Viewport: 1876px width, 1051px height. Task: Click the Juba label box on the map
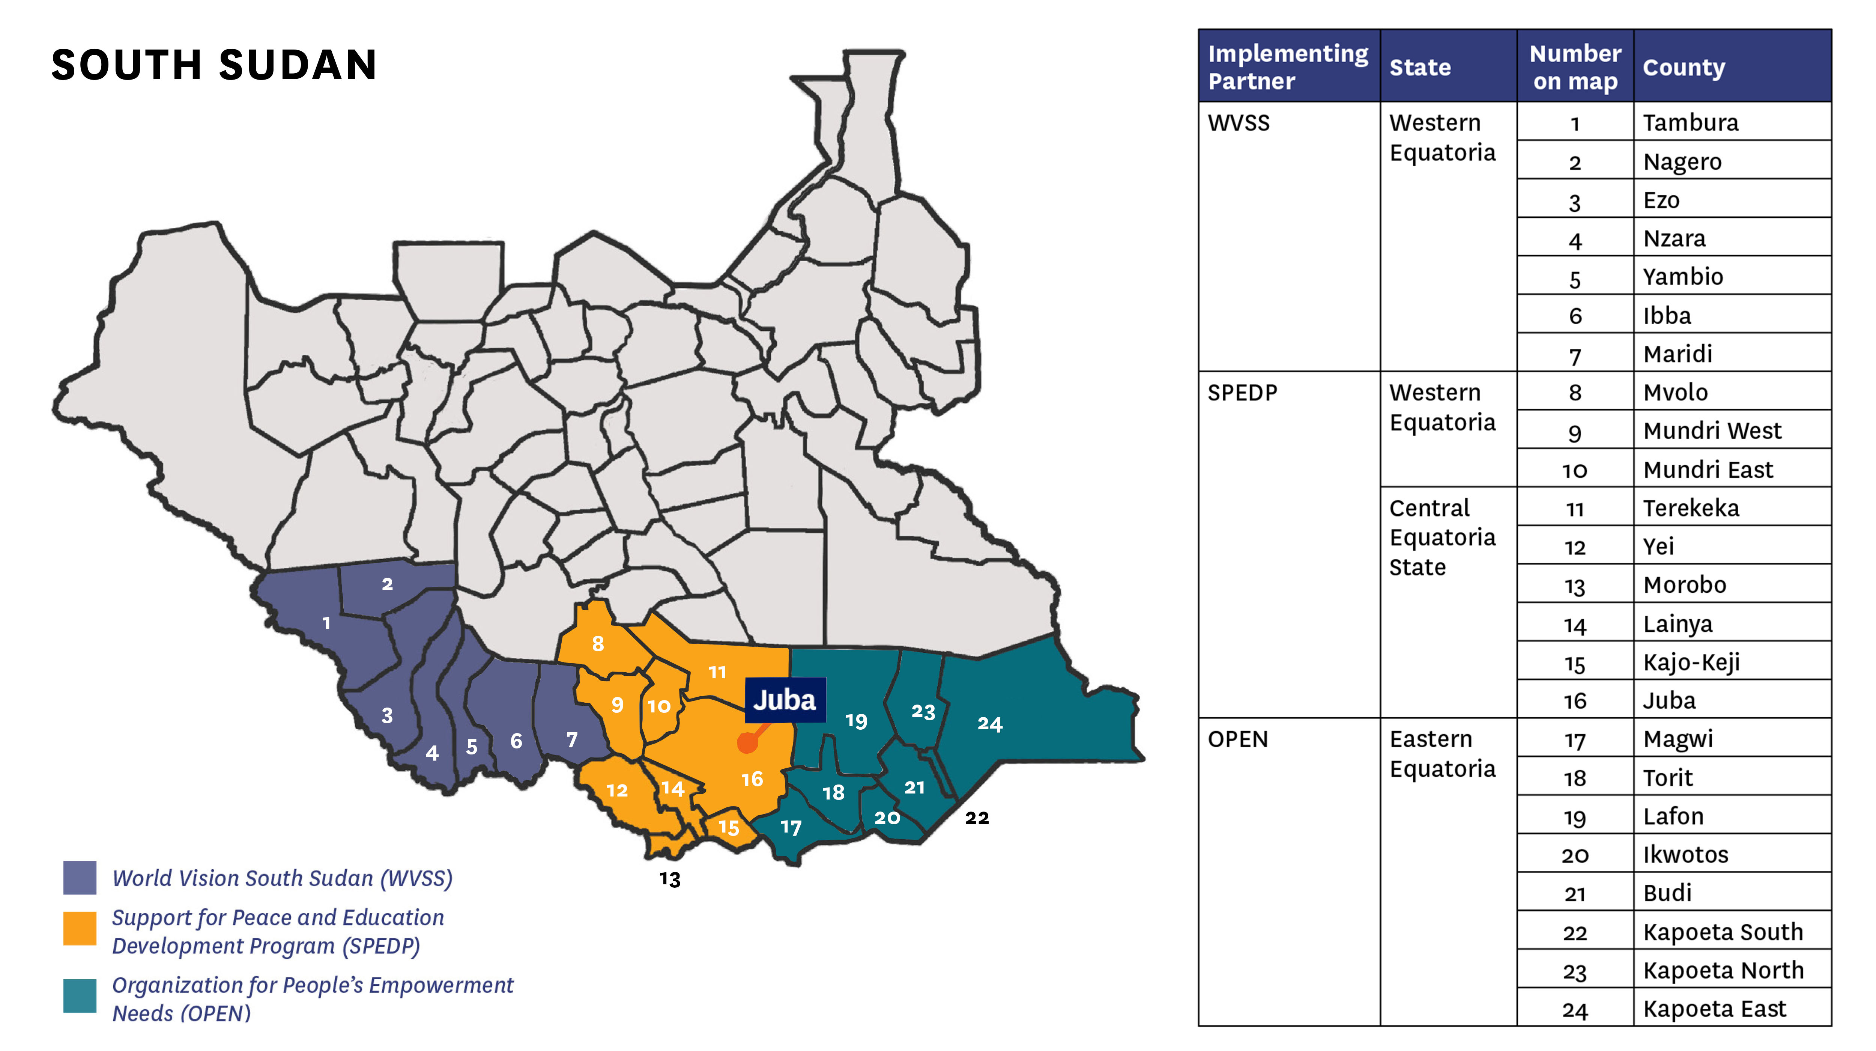[x=784, y=700]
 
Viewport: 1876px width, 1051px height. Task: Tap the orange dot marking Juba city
[x=747, y=743]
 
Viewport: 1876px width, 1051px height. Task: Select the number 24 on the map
[x=990, y=724]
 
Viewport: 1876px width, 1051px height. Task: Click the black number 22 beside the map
[x=977, y=818]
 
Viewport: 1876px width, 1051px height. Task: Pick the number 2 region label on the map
[x=388, y=584]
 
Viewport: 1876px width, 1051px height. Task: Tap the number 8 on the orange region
[x=598, y=644]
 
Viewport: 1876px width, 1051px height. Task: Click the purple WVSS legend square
[x=80, y=878]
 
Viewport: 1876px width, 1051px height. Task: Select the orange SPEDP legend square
[x=80, y=929]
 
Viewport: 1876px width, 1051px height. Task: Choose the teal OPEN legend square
[x=80, y=996]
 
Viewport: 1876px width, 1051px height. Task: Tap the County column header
[x=1684, y=67]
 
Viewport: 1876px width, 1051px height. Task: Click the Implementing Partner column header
[x=1288, y=67]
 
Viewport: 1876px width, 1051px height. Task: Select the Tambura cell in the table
[x=1690, y=122]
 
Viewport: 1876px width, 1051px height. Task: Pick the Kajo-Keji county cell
[x=1691, y=662]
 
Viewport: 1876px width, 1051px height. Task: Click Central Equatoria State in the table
[x=1442, y=538]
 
